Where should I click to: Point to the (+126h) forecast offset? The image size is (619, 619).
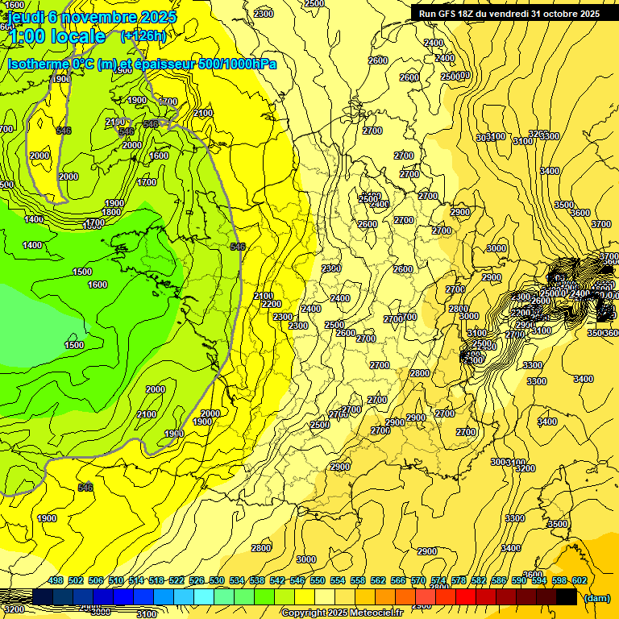pyautogui.click(x=143, y=35)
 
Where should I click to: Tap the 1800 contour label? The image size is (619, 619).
pyautogui.click(x=111, y=212)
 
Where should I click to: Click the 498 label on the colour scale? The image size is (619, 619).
pyautogui.click(x=56, y=580)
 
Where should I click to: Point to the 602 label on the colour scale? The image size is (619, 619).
pyautogui.click(x=580, y=580)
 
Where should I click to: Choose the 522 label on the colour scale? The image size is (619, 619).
pyautogui.click(x=177, y=580)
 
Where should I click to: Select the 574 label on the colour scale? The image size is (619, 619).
pyautogui.click(x=438, y=580)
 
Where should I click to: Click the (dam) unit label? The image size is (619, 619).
pyautogui.click(x=596, y=597)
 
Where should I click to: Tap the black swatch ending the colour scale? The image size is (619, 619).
pyautogui.click(x=566, y=596)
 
